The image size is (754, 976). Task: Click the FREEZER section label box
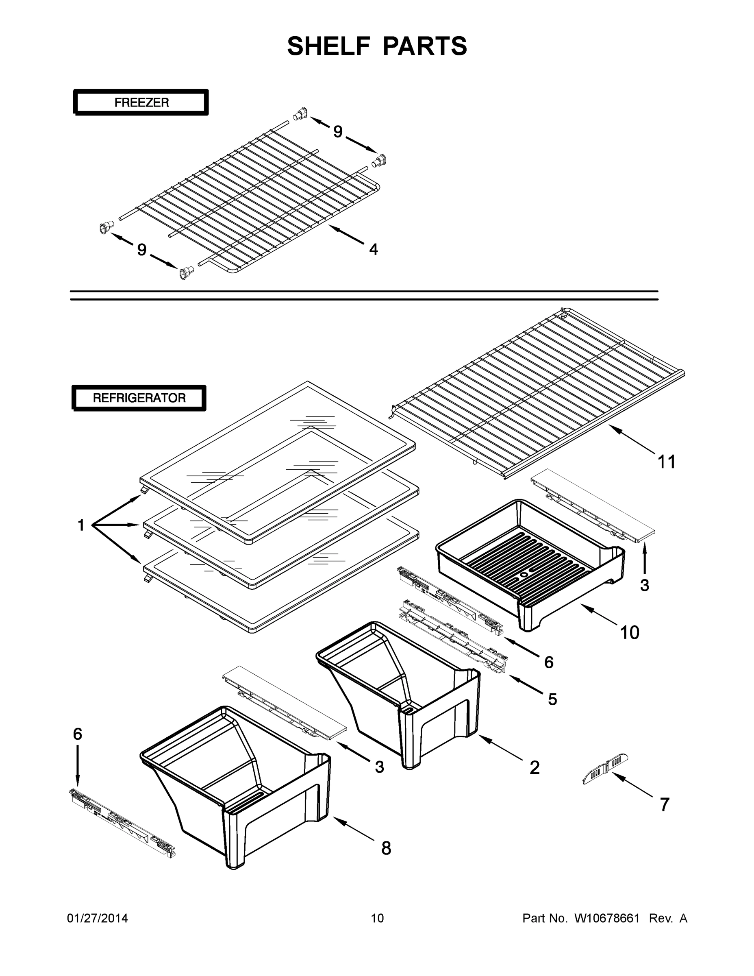pyautogui.click(x=141, y=102)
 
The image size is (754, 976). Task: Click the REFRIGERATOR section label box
pyautogui.click(x=139, y=398)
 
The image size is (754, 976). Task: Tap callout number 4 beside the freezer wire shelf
pyautogui.click(x=374, y=249)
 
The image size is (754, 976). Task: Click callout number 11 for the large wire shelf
pyautogui.click(x=667, y=462)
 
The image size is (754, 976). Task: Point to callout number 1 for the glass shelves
pyautogui.click(x=81, y=525)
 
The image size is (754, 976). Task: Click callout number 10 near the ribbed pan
pyautogui.click(x=630, y=632)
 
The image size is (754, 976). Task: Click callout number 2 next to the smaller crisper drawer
pyautogui.click(x=535, y=767)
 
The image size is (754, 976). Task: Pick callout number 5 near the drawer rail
pyautogui.click(x=552, y=699)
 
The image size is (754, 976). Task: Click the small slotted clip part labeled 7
pyautogui.click(x=605, y=769)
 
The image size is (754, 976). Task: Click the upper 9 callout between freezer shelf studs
pyautogui.click(x=338, y=132)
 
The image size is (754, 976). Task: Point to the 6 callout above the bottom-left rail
pyautogui.click(x=78, y=734)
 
